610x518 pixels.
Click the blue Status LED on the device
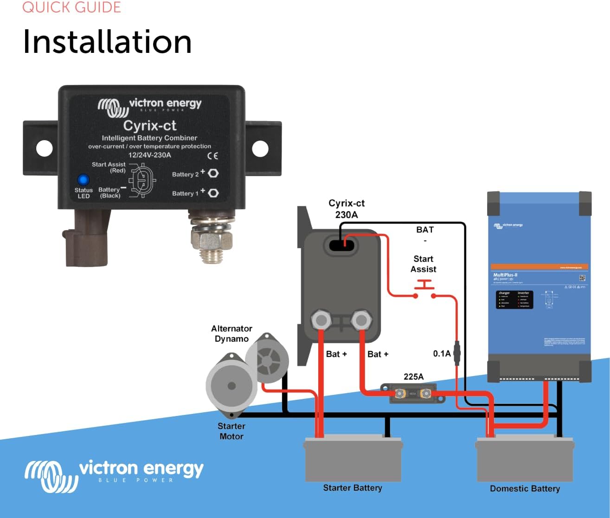[83, 180]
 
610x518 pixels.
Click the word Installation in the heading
[107, 42]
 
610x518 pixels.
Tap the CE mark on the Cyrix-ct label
[213, 156]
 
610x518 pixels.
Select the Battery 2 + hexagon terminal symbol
[213, 173]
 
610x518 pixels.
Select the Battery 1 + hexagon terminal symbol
[213, 193]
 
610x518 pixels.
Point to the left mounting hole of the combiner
[45, 148]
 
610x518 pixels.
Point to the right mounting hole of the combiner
[260, 148]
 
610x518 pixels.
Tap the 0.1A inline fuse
[457, 354]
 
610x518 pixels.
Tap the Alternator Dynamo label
[231, 333]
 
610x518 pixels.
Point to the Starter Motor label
[231, 431]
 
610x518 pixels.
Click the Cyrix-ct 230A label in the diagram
[347, 209]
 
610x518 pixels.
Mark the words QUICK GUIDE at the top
[71, 7]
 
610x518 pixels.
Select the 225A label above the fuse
[413, 377]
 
